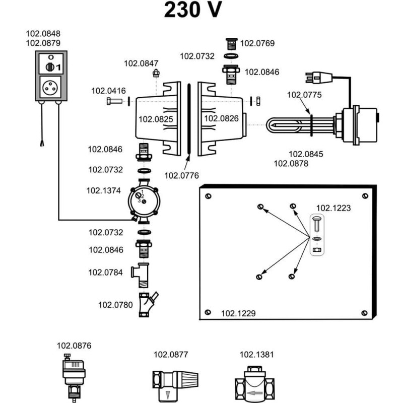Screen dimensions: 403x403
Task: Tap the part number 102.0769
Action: coord(257,43)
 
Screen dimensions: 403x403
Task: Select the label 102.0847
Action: coord(142,63)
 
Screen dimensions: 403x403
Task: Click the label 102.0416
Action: coord(108,91)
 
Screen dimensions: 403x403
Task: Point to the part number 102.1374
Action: coord(104,190)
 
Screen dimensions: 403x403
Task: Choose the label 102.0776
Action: coord(182,175)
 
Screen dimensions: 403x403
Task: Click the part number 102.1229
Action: coord(238,313)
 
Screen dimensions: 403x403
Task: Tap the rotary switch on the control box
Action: coord(50,66)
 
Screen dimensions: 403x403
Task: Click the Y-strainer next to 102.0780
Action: coord(145,303)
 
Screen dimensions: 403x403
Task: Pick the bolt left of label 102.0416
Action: coord(113,101)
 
